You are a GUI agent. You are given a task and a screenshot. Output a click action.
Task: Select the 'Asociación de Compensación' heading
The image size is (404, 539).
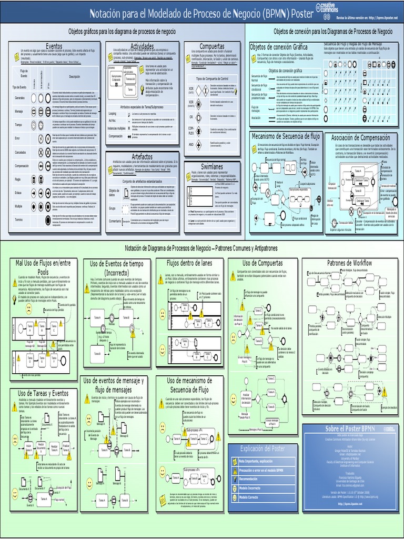coord(360,137)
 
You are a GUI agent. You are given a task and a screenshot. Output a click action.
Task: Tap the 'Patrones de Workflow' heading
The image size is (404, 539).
coord(350,263)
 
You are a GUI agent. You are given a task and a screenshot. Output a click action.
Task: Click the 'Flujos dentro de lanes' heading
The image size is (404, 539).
coord(189,263)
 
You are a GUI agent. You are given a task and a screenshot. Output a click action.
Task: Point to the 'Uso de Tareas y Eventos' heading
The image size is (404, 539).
coord(43,393)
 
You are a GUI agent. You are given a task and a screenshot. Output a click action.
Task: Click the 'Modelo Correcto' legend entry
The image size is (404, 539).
coord(252,496)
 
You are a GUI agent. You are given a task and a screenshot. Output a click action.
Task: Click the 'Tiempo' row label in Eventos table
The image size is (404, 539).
coord(19,125)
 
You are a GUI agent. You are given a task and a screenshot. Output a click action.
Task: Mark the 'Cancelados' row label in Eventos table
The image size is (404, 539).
coord(19,152)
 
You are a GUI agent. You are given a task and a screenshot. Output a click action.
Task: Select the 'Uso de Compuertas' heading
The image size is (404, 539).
coord(262,263)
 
